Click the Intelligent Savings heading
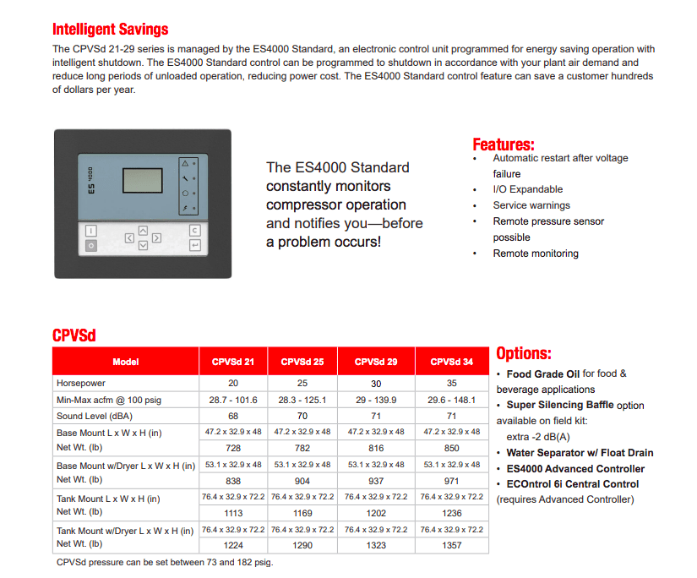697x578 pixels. (110, 30)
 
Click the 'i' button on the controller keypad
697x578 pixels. (90, 230)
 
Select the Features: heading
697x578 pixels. (503, 144)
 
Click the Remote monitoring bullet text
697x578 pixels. (536, 254)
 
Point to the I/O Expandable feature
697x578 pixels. (527, 189)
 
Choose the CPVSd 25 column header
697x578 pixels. (302, 362)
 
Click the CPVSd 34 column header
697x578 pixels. (451, 362)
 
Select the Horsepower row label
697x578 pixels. (81, 384)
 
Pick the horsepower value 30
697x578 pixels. (376, 384)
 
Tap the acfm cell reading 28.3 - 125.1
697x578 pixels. (302, 400)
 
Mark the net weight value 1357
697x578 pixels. (451, 545)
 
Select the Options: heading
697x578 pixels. (523, 353)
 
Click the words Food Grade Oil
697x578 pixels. (542, 374)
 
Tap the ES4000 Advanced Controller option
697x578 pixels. (575, 468)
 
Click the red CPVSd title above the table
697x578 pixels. (74, 335)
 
